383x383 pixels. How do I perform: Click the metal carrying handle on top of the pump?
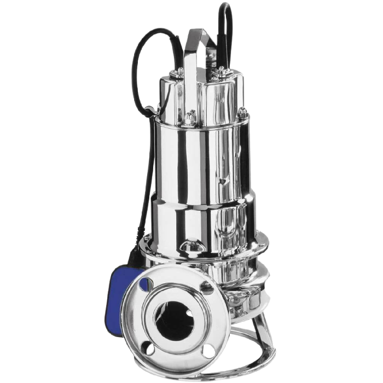click(x=198, y=44)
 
